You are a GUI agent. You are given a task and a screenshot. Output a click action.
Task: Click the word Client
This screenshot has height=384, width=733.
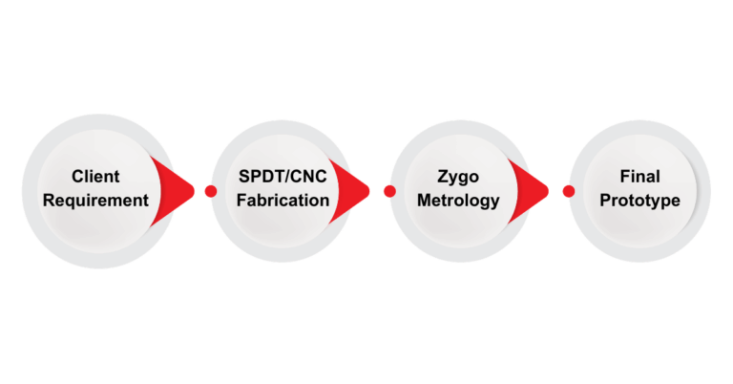coord(95,178)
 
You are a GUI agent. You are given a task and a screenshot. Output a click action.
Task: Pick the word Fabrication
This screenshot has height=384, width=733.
coord(284,201)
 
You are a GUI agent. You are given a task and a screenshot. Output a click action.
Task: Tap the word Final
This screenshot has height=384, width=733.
coord(639,178)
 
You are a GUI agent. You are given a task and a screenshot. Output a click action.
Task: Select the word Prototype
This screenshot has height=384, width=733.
coord(639,201)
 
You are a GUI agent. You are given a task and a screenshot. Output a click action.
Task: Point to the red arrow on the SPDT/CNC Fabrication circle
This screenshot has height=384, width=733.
coord(354,190)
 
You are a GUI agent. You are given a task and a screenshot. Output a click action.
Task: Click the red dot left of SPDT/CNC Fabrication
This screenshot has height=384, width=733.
coord(211,191)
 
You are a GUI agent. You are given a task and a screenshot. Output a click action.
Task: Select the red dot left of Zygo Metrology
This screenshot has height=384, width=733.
coord(389,191)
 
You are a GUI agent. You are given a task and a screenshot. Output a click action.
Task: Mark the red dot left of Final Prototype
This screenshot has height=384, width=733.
coord(569,191)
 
